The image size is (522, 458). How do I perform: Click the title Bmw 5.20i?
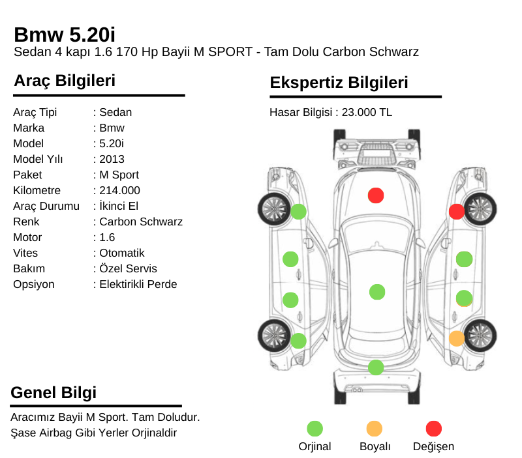coord(65,35)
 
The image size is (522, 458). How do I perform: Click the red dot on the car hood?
coord(376,195)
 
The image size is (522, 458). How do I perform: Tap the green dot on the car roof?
coord(377,292)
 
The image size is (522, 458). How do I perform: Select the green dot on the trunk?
coord(376,367)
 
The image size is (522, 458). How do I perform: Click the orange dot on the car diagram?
coord(457,339)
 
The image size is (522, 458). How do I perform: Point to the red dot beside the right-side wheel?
coord(457,212)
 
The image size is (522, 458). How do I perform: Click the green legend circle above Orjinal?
coord(315,429)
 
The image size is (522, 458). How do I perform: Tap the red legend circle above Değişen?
coord(434,429)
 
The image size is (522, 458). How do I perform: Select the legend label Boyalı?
coord(375,446)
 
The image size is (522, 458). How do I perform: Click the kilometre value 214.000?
coord(119,190)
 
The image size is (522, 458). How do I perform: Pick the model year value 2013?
coord(112,159)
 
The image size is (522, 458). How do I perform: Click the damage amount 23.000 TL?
coord(367,112)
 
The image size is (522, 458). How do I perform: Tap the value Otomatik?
coord(122,253)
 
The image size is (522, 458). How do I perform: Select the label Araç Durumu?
coord(46,206)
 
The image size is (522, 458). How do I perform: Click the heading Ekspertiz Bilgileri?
coord(339,83)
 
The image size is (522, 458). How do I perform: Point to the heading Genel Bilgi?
coord(54,392)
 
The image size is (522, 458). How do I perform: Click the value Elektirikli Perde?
coord(138,284)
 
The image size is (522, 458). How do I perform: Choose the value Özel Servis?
coord(128,268)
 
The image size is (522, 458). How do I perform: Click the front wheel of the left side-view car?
coord(275,209)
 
